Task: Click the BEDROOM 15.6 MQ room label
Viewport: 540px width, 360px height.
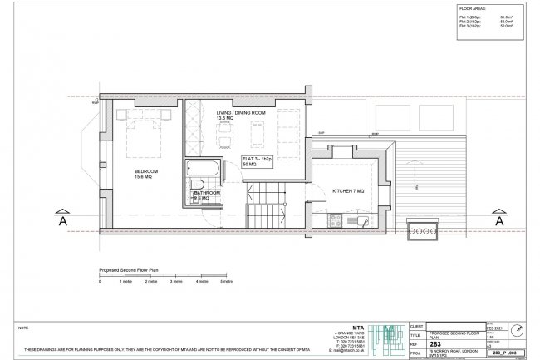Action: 146,174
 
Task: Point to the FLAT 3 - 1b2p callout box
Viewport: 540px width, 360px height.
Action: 258,161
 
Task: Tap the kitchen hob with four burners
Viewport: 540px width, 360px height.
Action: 336,222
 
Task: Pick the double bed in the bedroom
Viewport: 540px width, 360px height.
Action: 139,133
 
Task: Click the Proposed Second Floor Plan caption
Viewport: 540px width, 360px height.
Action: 129,271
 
